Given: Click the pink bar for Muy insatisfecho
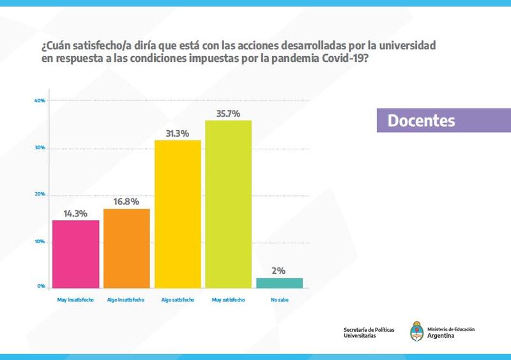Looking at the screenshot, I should pyautogui.click(x=75, y=254).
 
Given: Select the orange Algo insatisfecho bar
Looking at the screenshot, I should pyautogui.click(x=126, y=248).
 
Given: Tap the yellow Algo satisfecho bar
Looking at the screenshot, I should pyautogui.click(x=178, y=214).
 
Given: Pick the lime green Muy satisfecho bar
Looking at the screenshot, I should pyautogui.click(x=228, y=204).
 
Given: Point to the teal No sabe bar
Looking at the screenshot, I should pyautogui.click(x=279, y=283).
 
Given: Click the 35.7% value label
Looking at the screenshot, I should pyautogui.click(x=228, y=114).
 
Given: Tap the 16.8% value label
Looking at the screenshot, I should pyautogui.click(x=126, y=202).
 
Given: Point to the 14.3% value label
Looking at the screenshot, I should pyautogui.click(x=75, y=214).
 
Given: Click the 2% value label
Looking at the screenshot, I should pyautogui.click(x=279, y=271).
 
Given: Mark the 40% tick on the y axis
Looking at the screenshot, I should pyautogui.click(x=39, y=100).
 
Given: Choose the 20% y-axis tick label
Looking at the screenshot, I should pyautogui.click(x=39, y=194).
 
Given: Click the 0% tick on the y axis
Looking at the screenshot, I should pyautogui.click(x=41, y=287).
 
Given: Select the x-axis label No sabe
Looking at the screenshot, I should pyautogui.click(x=279, y=299).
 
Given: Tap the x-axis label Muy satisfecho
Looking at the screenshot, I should pyautogui.click(x=228, y=299).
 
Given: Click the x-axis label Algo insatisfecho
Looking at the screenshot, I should pyautogui.click(x=126, y=299).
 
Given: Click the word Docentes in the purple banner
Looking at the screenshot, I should pyautogui.click(x=421, y=121).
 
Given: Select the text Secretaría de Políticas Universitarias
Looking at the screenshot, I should pyautogui.click(x=369, y=333).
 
